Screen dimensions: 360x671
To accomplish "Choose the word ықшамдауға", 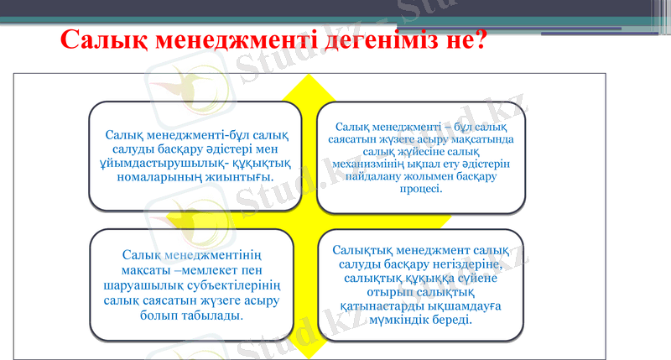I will [465, 305].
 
